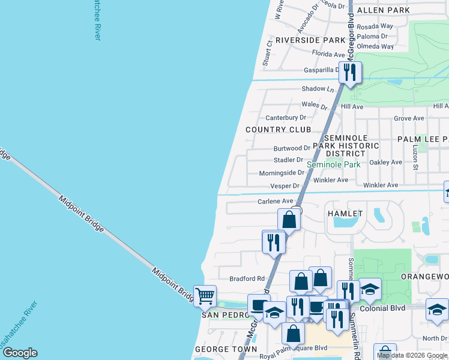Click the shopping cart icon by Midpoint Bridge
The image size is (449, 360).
[205, 296]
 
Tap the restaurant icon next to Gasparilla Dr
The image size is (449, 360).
[349, 73]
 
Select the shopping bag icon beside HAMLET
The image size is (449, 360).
[289, 219]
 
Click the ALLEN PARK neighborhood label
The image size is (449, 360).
[383, 10]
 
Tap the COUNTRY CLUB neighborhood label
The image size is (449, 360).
[279, 130]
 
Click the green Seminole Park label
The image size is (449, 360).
[333, 164]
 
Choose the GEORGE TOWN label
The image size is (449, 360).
[221, 349]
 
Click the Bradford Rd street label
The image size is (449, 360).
[247, 278]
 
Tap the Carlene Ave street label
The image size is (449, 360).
[275, 202]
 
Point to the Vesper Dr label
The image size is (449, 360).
[285, 187]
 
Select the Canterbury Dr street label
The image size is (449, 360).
[286, 118]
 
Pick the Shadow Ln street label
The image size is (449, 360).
[318, 89]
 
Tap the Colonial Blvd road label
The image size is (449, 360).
[384, 308]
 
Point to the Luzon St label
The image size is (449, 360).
[415, 155]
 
